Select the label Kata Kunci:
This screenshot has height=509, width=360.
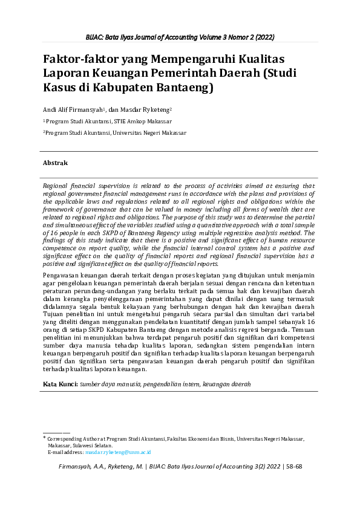[59, 384]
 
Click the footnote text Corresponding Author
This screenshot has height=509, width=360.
[70, 438]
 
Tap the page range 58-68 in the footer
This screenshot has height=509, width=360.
[293, 467]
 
